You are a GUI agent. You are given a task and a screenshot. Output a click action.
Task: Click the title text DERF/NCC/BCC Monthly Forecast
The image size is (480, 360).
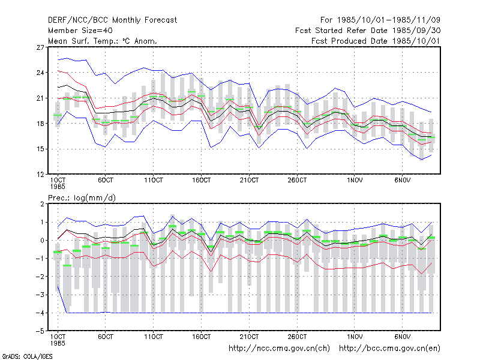(x=112, y=20)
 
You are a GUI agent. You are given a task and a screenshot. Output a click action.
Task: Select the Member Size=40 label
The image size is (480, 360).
(x=80, y=31)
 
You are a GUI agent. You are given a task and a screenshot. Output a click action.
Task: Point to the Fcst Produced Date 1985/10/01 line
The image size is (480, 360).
(x=376, y=41)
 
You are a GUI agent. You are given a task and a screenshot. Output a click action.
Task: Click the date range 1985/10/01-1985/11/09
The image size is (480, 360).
(x=388, y=20)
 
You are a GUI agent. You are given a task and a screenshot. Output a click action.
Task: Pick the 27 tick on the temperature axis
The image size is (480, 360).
(x=40, y=47)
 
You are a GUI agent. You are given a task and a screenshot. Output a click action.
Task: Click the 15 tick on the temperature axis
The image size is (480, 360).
(x=40, y=149)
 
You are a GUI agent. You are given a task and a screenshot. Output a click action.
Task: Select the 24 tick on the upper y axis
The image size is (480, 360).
(x=40, y=73)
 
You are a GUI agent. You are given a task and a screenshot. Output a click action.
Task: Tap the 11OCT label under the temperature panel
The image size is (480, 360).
(x=154, y=181)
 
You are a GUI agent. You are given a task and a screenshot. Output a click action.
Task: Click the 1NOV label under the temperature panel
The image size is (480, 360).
(x=355, y=181)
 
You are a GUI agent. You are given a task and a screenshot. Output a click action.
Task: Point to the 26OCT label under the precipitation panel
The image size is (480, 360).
(x=297, y=337)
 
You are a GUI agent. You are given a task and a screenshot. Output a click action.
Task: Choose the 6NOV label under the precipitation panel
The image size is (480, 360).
(x=402, y=337)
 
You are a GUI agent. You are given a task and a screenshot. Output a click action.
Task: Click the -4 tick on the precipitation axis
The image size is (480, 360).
(x=39, y=313)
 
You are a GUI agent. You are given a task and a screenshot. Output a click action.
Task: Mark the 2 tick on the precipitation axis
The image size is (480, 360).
(x=42, y=204)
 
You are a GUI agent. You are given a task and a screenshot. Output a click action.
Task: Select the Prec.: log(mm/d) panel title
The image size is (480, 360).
(x=82, y=198)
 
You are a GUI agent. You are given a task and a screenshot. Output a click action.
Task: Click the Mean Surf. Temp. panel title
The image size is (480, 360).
(x=103, y=41)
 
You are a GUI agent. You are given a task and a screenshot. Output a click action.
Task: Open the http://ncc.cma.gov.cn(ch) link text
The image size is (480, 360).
(x=279, y=349)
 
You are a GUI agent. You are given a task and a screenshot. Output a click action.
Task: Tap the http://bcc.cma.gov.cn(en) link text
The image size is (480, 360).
(x=389, y=349)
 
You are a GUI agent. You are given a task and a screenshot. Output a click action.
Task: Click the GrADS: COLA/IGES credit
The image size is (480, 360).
(x=27, y=356)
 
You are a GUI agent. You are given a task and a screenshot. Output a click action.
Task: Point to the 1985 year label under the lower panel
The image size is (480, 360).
(x=58, y=343)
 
